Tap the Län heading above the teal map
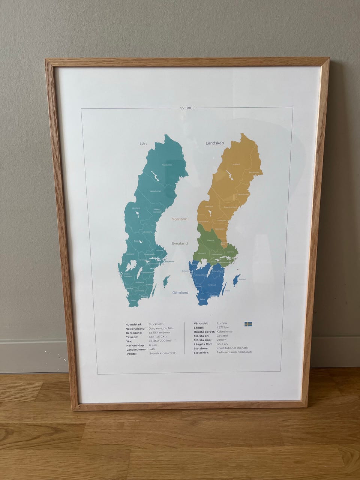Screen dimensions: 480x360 [x=142, y=144]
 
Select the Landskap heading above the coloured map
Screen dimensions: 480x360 [x=214, y=143]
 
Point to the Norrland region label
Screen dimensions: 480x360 [x=179, y=219]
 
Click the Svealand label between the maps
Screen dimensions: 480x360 [x=180, y=243]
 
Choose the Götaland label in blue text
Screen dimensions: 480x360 [x=180, y=292]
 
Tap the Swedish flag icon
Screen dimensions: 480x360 [x=248, y=324]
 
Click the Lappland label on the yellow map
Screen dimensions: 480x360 [x=235, y=164]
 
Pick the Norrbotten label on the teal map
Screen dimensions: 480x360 [x=167, y=165]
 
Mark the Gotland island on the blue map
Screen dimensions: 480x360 [x=236, y=280]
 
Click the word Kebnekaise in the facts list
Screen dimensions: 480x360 [x=224, y=331]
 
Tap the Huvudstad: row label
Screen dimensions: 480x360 [x=133, y=324]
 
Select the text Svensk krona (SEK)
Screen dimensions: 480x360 [x=162, y=353]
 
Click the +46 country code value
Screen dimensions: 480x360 [x=151, y=349]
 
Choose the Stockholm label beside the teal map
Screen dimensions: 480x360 [x=169, y=261]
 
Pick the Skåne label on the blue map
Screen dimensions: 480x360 [x=202, y=299]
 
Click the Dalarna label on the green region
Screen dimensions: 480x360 [x=210, y=240]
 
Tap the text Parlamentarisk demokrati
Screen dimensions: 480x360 [x=234, y=352]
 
